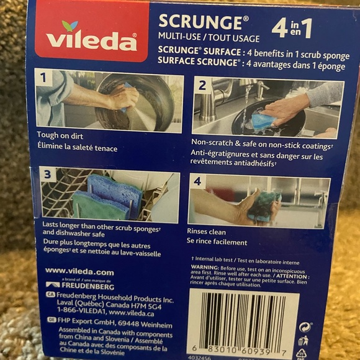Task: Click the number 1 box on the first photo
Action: coord(43,78)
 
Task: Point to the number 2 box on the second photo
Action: coord(202,86)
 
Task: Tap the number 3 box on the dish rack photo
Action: coord(47,174)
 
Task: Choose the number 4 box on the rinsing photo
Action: coord(197,181)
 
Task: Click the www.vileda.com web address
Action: coord(79,271)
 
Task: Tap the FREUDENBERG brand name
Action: coord(88,286)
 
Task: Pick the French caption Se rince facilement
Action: coord(217,242)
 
